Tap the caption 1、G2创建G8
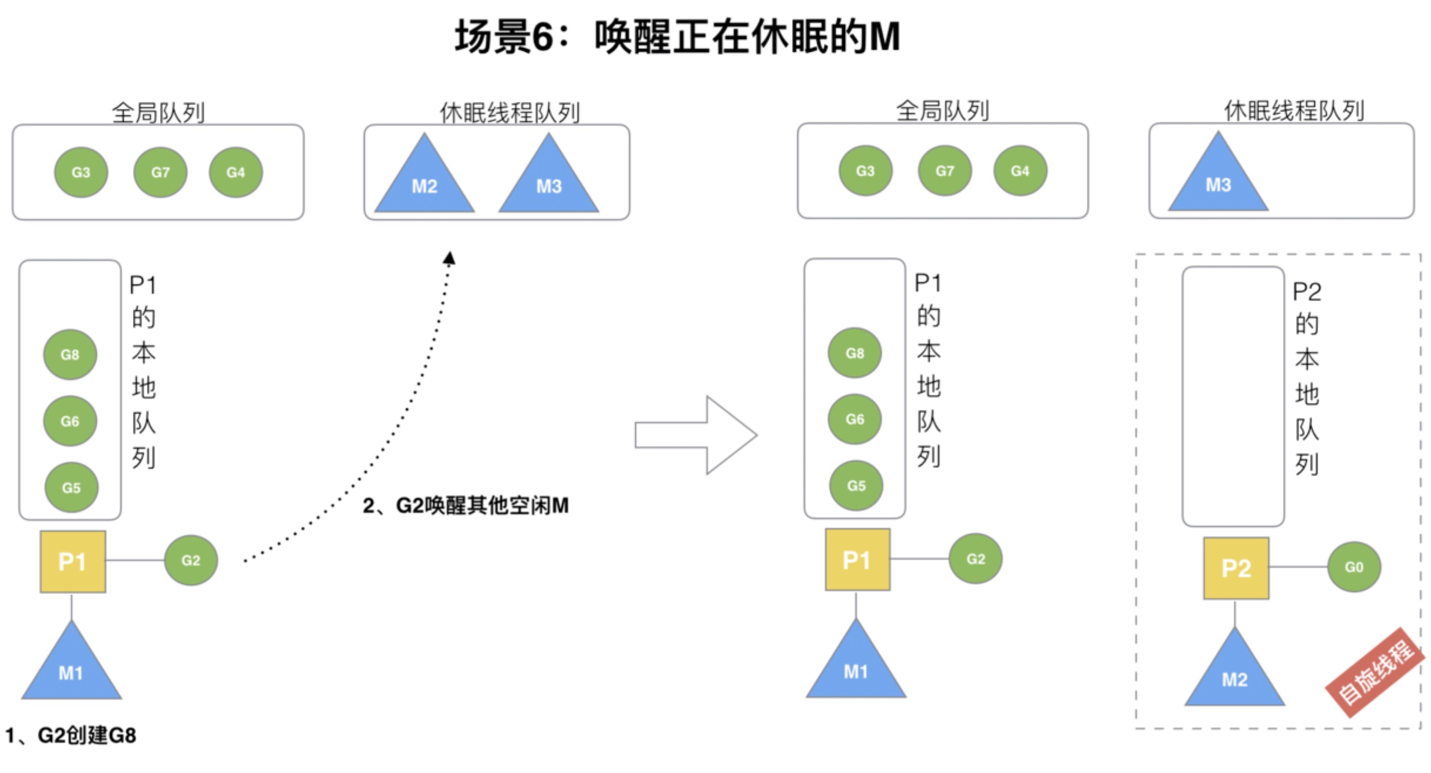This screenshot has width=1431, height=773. (x=71, y=735)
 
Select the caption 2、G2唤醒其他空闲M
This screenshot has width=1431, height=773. (x=465, y=506)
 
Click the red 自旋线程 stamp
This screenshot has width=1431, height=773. (x=1375, y=673)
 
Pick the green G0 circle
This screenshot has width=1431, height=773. (x=1353, y=567)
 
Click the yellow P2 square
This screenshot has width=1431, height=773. (x=1235, y=568)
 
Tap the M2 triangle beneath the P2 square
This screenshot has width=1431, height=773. (x=1234, y=672)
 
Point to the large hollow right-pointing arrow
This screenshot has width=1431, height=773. (x=695, y=435)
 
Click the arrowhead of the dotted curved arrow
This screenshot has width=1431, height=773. (x=449, y=258)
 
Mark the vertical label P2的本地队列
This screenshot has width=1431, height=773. (x=1306, y=377)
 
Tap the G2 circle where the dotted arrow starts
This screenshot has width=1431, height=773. (x=191, y=560)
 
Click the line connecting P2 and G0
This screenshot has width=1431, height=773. (x=1298, y=567)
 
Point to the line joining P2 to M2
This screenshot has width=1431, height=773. (x=1235, y=613)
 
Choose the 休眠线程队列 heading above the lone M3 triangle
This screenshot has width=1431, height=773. (x=1294, y=111)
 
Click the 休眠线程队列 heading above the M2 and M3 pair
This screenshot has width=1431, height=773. (x=509, y=112)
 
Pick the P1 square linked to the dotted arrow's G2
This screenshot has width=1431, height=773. (x=72, y=561)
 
